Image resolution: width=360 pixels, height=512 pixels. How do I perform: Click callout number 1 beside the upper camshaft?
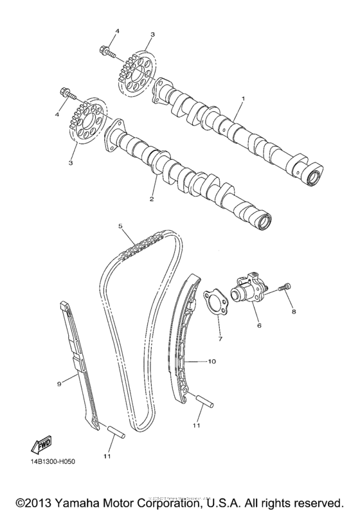coord(243,100)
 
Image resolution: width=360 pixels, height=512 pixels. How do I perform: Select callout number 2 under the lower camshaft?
coord(152,199)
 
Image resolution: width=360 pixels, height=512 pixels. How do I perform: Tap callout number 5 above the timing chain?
coord(120,226)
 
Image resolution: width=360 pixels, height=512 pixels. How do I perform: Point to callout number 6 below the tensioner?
coord(260,326)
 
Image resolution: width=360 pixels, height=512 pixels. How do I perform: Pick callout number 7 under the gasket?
coord(219,338)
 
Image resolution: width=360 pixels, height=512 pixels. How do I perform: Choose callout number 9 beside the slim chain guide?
coord(59,384)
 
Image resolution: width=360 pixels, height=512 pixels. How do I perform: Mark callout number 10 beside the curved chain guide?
coord(211,362)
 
